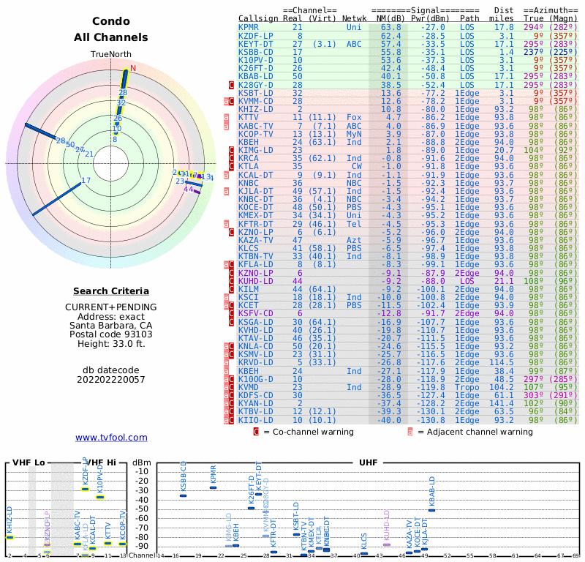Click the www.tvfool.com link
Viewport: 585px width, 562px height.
[x=111, y=438]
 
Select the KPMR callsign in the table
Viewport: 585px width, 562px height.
[x=248, y=27]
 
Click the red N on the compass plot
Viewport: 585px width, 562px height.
[x=133, y=68]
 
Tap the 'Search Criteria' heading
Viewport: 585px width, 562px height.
[x=111, y=291]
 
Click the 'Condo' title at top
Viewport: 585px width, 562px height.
[x=111, y=21]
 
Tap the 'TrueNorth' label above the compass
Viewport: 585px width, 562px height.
[x=111, y=55]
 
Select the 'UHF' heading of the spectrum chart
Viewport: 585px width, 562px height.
[x=368, y=463]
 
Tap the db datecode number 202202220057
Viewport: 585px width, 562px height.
[x=111, y=380]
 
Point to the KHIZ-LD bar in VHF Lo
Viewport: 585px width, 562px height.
[x=10, y=537]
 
